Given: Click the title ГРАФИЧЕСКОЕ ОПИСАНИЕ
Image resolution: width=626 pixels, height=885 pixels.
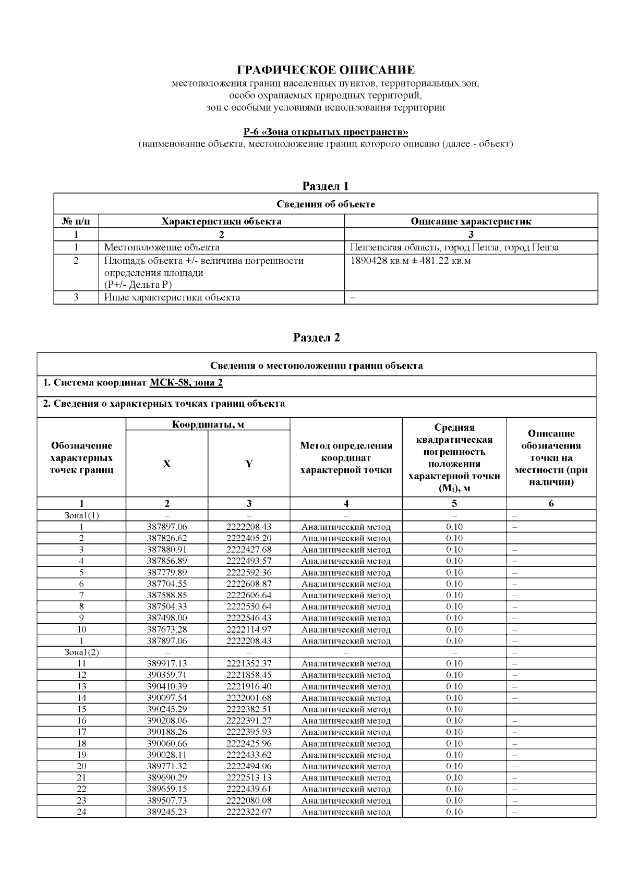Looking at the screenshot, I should [x=326, y=70].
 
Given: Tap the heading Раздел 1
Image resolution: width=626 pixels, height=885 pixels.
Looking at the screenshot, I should [x=326, y=186].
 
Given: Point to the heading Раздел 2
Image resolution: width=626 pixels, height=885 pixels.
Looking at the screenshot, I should [x=317, y=337].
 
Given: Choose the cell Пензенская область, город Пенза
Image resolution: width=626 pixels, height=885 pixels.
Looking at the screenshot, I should [x=454, y=247].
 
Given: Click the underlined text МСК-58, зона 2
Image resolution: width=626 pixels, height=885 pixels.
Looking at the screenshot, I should [x=186, y=383].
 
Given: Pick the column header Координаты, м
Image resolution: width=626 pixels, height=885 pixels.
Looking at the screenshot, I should [x=208, y=424].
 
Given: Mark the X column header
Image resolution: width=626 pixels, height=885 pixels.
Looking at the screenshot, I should [x=166, y=464].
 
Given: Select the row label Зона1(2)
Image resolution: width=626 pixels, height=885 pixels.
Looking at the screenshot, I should [x=81, y=652].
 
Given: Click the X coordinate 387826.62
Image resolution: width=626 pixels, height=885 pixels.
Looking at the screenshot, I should [x=167, y=538].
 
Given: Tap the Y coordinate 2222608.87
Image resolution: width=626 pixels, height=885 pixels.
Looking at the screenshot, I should [x=249, y=584].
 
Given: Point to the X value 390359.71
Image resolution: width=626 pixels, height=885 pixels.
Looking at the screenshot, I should [x=167, y=675].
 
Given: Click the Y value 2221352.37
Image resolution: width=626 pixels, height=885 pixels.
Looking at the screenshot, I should [x=249, y=663].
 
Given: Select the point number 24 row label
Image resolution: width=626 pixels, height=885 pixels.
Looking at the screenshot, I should [x=81, y=812].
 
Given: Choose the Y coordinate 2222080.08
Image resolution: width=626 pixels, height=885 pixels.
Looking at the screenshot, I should [x=249, y=801].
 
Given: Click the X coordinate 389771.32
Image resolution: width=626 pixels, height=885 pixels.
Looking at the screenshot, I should [x=167, y=766].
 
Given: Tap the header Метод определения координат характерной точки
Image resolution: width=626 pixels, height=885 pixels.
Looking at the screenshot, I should [x=346, y=458].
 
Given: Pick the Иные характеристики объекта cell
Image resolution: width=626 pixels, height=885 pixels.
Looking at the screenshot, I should [x=172, y=297].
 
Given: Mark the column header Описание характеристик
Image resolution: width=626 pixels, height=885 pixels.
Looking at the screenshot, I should [x=471, y=221].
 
